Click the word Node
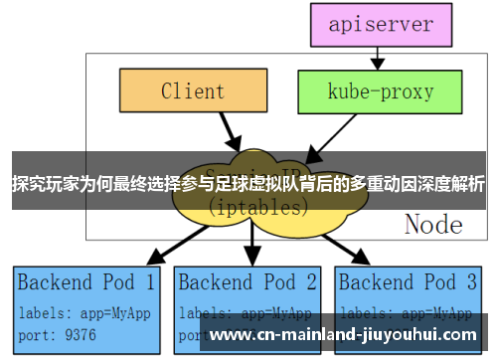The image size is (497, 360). pos(433,224)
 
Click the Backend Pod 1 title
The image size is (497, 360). pos(86,281)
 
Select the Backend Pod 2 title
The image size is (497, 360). pos(248,281)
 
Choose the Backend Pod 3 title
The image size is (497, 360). pos(411,281)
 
